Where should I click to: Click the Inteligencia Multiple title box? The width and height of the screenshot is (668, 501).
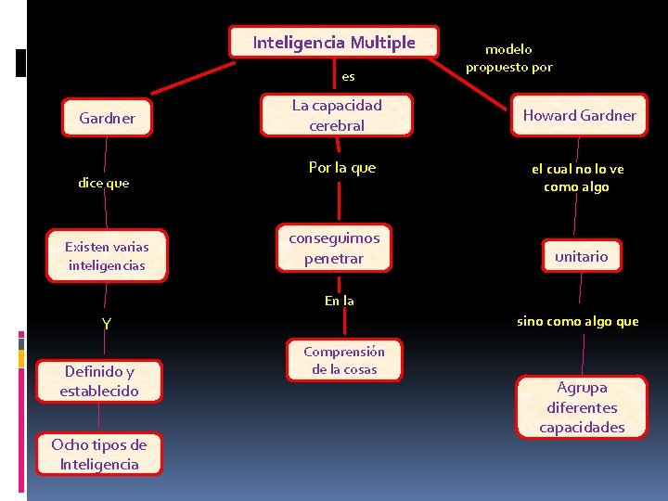[x=334, y=42]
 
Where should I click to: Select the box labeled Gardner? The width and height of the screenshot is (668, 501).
[x=107, y=118]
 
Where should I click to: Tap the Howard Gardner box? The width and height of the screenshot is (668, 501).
[x=579, y=116]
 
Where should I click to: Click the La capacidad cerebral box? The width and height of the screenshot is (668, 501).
[x=337, y=115]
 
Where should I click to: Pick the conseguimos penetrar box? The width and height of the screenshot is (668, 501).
[x=334, y=248]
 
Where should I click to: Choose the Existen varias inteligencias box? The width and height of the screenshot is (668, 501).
[x=107, y=256]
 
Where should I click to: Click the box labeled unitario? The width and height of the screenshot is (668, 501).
[x=581, y=256]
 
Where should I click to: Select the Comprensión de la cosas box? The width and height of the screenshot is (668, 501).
[x=344, y=360]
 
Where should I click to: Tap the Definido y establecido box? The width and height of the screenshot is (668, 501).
[x=99, y=381]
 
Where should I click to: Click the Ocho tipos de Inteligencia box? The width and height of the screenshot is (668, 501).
[x=99, y=455]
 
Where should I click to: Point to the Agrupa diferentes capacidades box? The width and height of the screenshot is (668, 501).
[x=582, y=407]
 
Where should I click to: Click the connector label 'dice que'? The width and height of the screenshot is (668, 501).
[x=104, y=183]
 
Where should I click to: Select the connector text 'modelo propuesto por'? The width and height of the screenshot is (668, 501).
[x=508, y=58]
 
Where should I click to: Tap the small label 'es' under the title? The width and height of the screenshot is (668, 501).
[x=348, y=76]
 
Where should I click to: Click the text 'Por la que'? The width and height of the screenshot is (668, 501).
[x=342, y=168]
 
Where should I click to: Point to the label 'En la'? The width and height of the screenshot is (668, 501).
[x=339, y=300]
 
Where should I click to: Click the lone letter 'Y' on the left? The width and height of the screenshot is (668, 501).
[x=107, y=324]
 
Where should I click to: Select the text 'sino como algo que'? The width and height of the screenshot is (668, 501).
[x=577, y=321]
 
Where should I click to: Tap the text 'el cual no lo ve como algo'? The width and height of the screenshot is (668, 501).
[x=577, y=177]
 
